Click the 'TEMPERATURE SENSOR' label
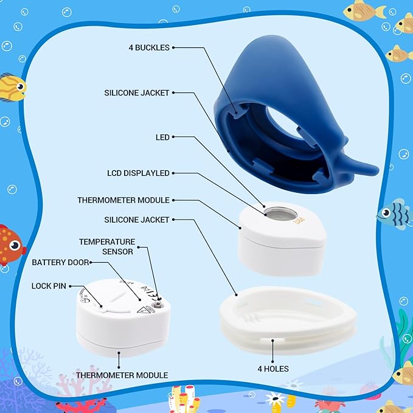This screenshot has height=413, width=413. pos(107,246)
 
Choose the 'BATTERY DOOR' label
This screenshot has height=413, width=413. pos(60,262)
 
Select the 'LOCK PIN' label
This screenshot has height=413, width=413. pos(50,285)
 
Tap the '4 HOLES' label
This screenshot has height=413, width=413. pos(272,369)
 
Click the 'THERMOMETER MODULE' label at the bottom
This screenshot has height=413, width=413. pos(121,375)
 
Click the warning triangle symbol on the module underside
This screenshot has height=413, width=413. pos(144,308)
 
